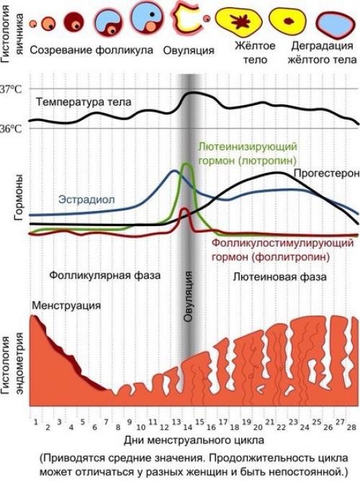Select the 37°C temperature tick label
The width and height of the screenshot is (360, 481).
pos(10,91)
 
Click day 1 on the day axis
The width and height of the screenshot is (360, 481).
pos(35,421)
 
